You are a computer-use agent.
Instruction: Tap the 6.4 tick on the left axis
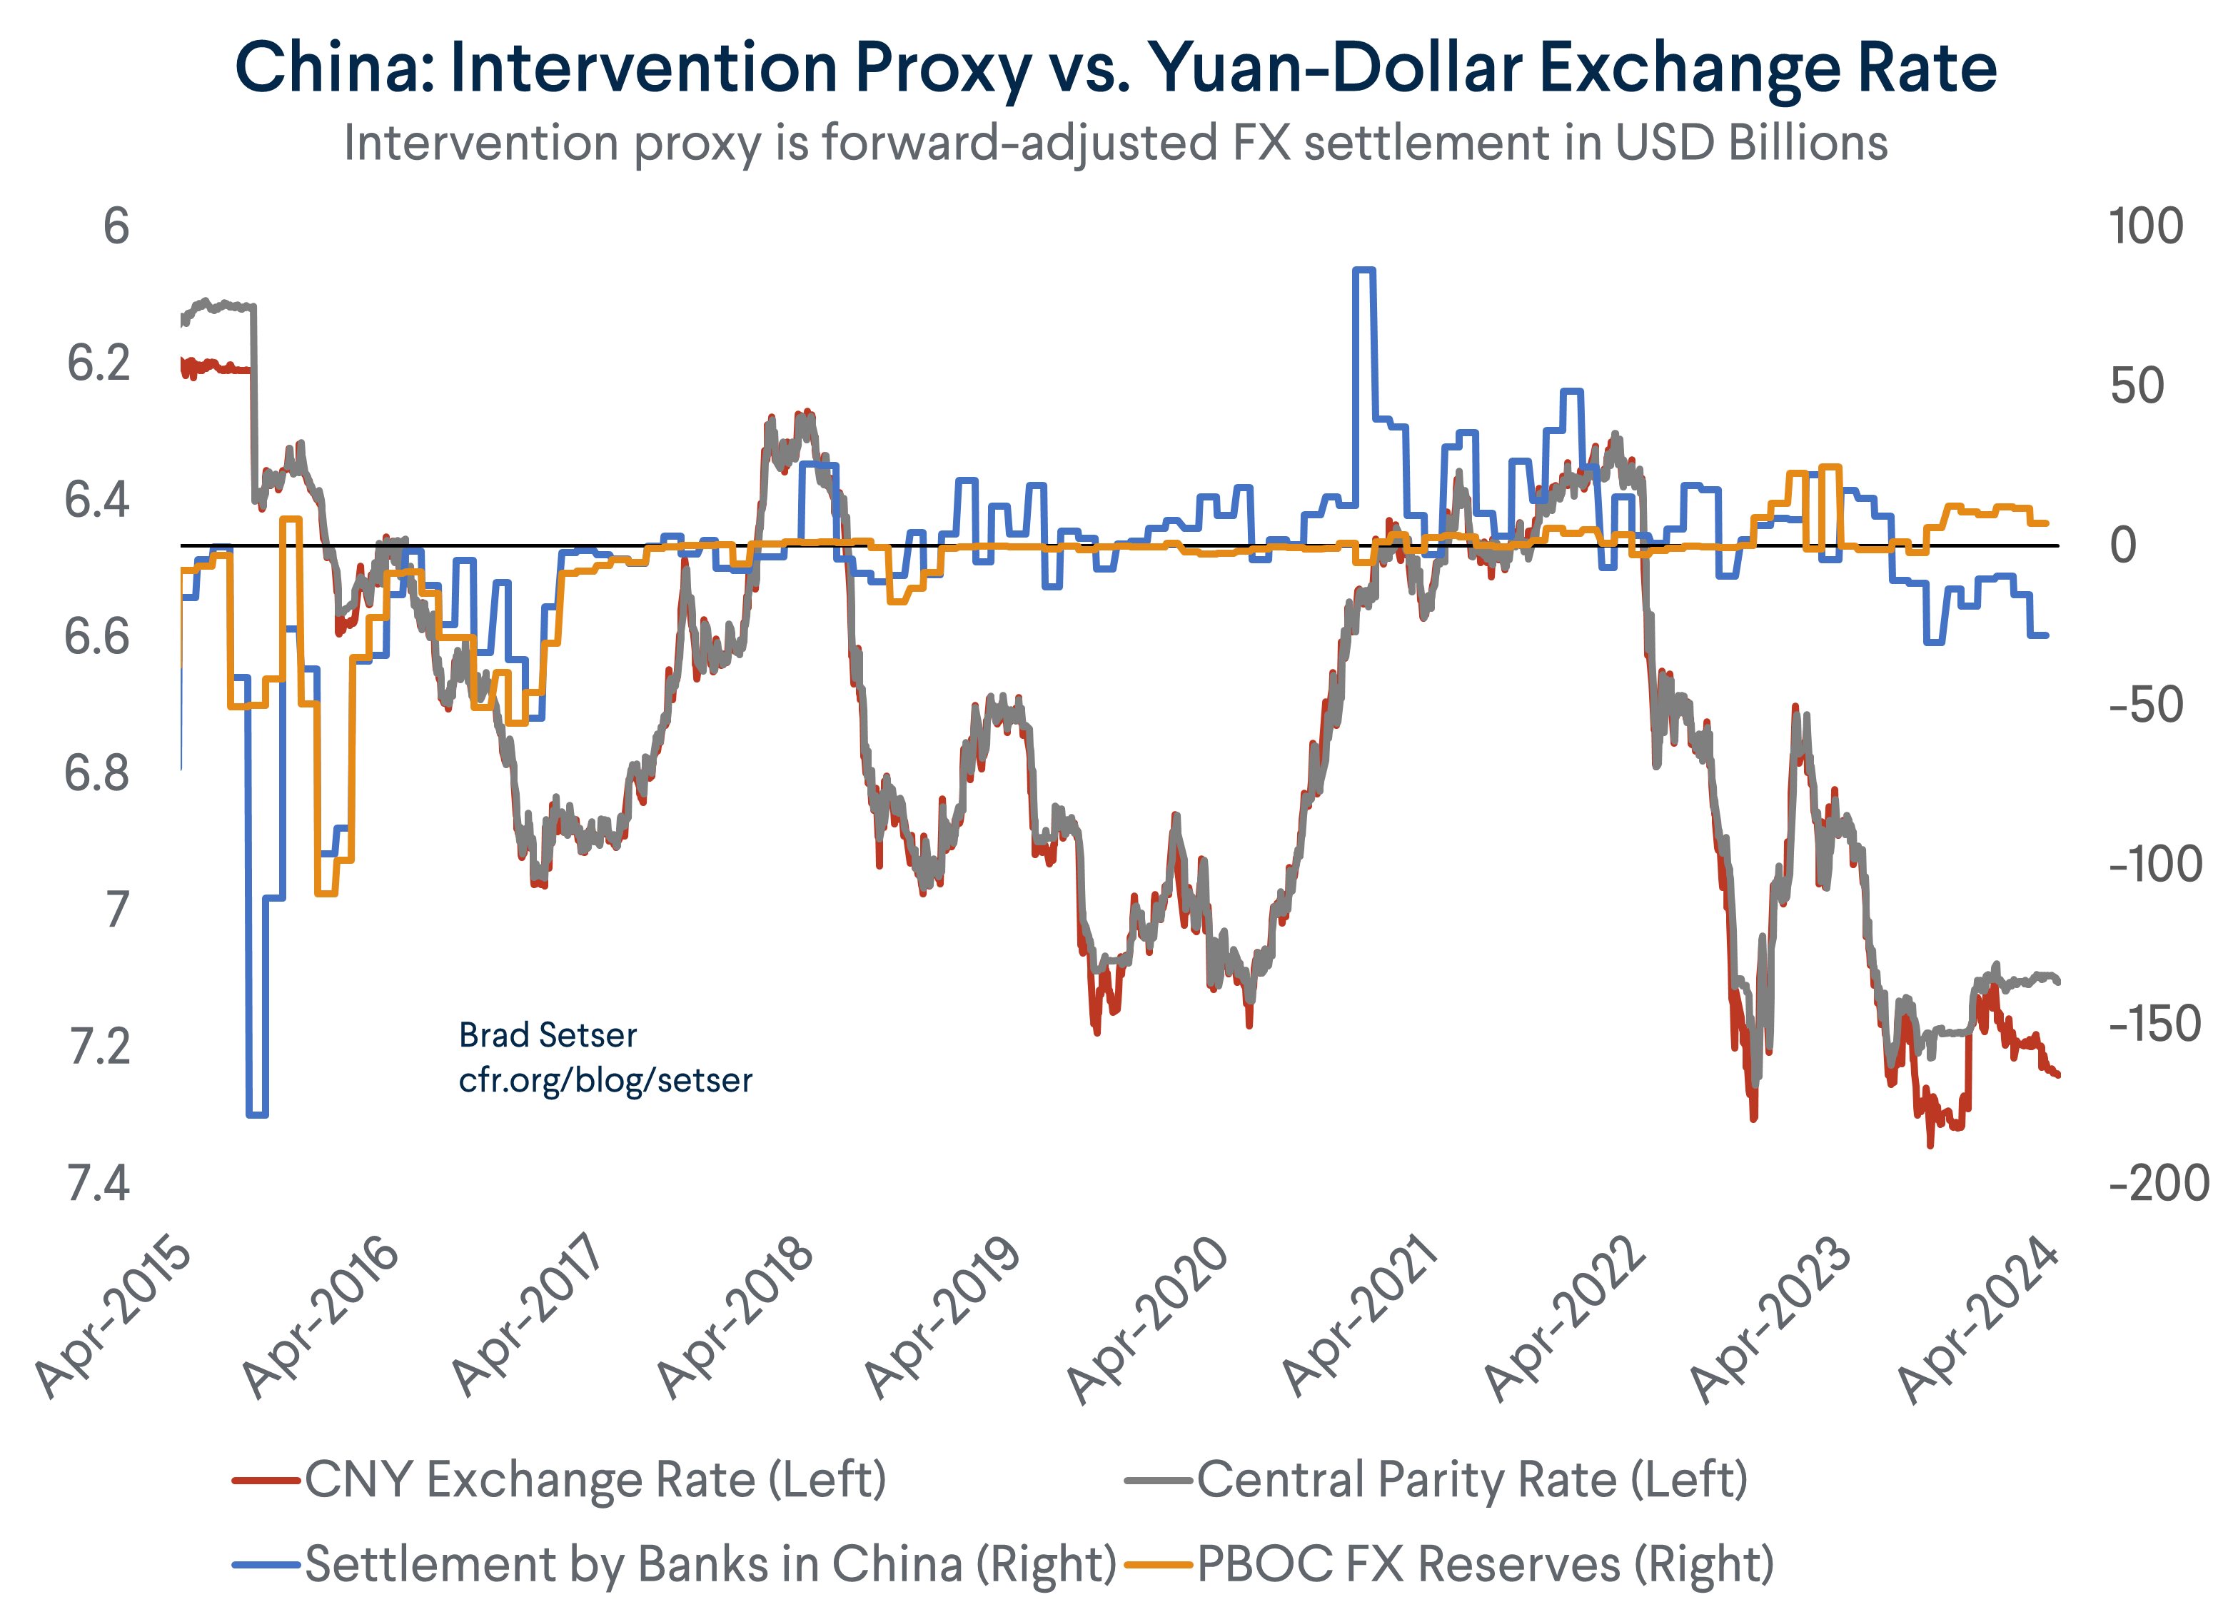click(x=98, y=500)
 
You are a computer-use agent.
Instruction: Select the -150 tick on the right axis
click(x=2155, y=1024)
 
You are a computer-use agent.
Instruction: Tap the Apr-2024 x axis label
click(x=1978, y=1318)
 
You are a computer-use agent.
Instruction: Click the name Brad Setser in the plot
click(x=548, y=1035)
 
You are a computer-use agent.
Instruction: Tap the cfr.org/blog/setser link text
click(x=605, y=1080)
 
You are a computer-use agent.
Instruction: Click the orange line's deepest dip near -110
click(x=326, y=893)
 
